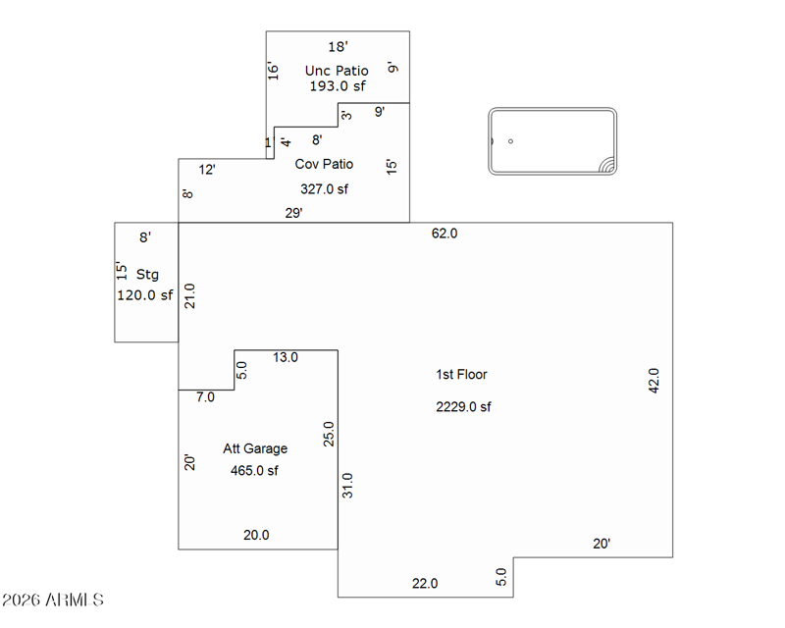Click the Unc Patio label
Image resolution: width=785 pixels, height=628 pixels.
click(337, 71)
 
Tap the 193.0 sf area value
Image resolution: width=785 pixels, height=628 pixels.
click(337, 86)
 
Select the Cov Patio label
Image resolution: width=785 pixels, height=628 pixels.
click(324, 164)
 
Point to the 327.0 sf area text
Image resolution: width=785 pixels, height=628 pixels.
click(324, 189)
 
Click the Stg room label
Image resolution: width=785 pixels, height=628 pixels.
click(147, 275)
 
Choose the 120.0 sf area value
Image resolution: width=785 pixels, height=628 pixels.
click(145, 294)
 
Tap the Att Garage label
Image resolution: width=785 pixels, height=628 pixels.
click(255, 448)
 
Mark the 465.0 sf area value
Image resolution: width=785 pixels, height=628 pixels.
click(255, 471)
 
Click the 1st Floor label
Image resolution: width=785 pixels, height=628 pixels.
click(461, 374)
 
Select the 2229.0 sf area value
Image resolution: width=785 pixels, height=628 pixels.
click(463, 407)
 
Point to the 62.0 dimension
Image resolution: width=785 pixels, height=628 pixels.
click(445, 234)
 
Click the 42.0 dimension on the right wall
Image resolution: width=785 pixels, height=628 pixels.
click(654, 380)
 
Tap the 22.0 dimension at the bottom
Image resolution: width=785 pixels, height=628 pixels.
click(425, 584)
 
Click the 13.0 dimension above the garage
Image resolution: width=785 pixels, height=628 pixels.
click(285, 358)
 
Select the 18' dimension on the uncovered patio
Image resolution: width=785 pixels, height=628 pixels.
click(338, 46)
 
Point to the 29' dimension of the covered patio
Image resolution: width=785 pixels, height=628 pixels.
click(294, 213)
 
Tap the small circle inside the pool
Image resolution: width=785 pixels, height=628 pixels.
click(510, 141)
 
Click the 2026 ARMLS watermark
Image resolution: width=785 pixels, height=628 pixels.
click(53, 600)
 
